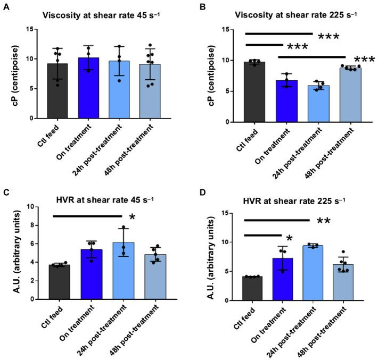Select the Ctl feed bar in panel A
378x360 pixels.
pyautogui.click(x=61, y=91)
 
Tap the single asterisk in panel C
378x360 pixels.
pyautogui.click(x=132, y=217)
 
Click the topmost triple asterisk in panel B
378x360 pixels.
pyautogui.click(x=328, y=37)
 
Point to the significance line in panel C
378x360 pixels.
pyautogui.click(x=87, y=216)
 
